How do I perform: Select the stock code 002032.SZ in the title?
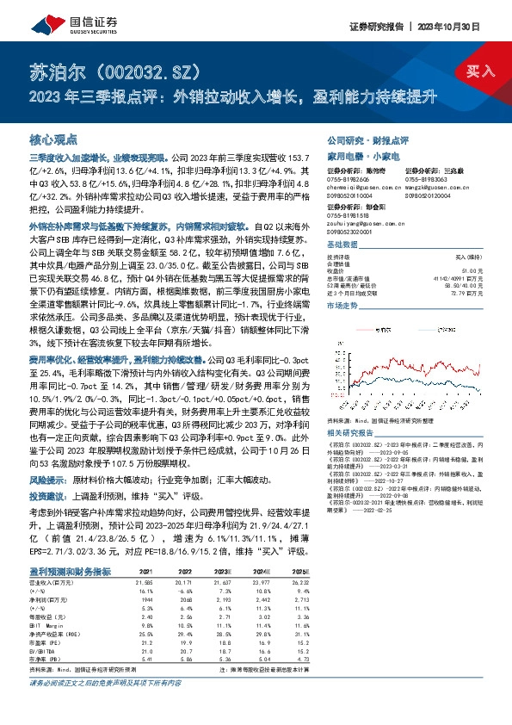[x=151, y=70]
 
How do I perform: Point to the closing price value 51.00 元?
[x=474, y=270]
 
